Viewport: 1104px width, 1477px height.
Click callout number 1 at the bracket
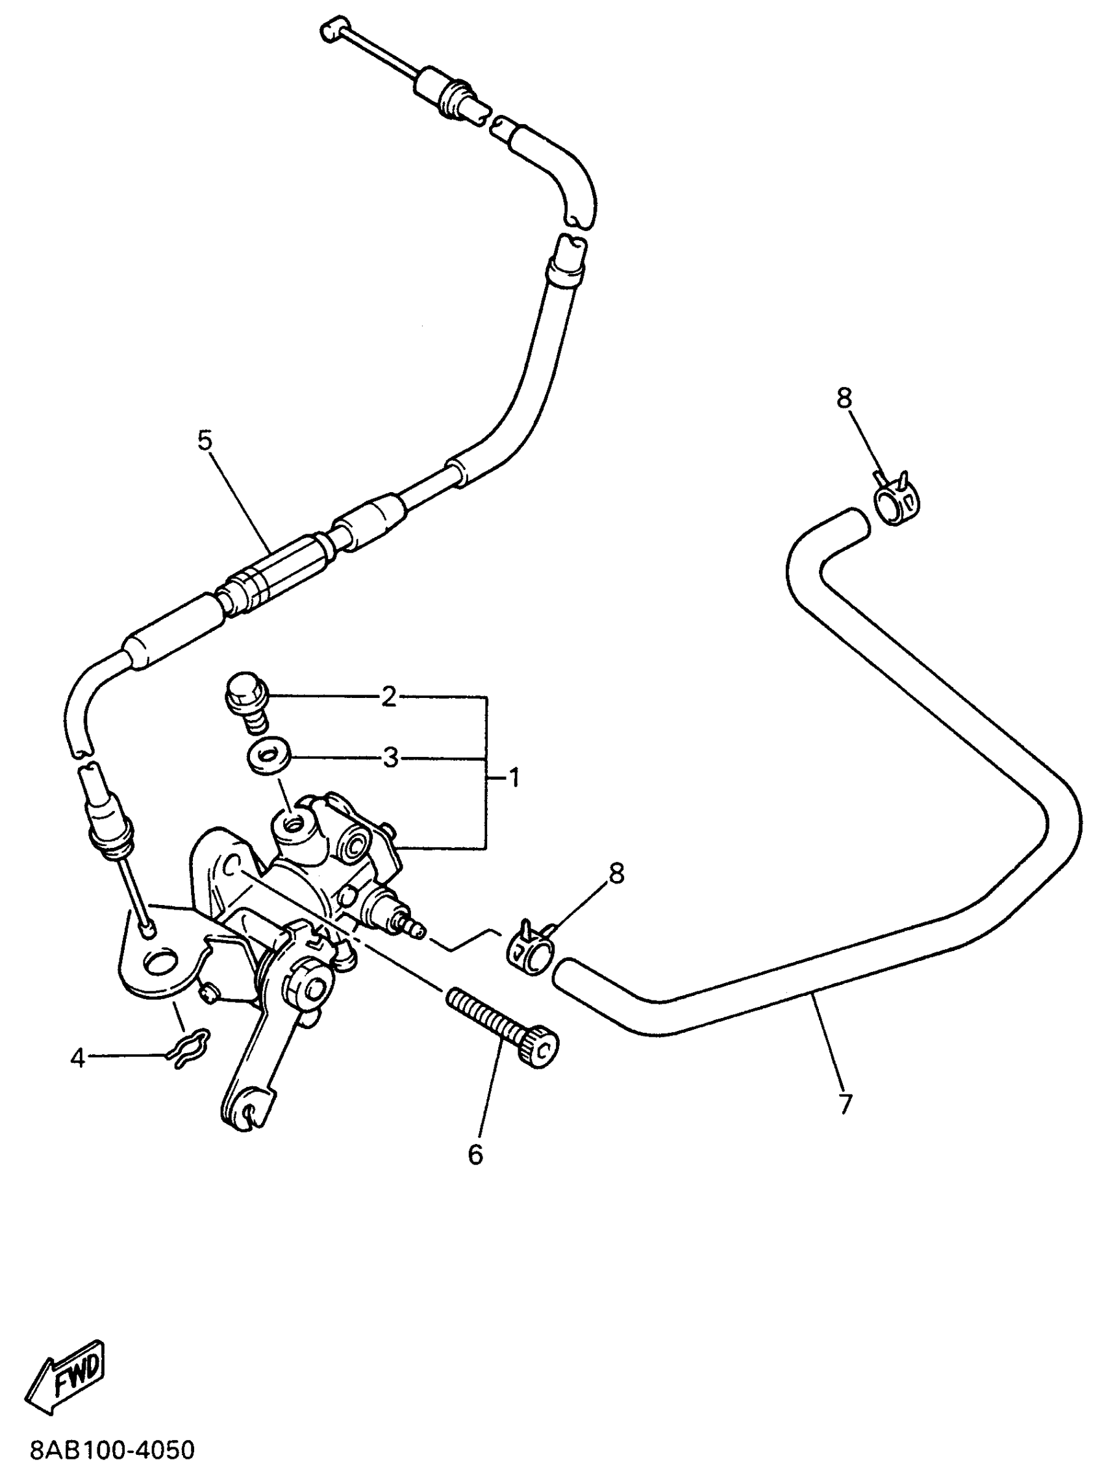tap(514, 778)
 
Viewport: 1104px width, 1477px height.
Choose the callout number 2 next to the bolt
tap(389, 698)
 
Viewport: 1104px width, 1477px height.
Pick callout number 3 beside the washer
tap(390, 758)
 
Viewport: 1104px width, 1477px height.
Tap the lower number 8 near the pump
tap(615, 873)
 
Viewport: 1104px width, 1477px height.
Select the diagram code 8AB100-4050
tap(112, 1450)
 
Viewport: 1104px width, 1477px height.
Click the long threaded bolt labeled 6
tap(503, 1026)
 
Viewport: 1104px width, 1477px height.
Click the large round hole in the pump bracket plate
tap(160, 962)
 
